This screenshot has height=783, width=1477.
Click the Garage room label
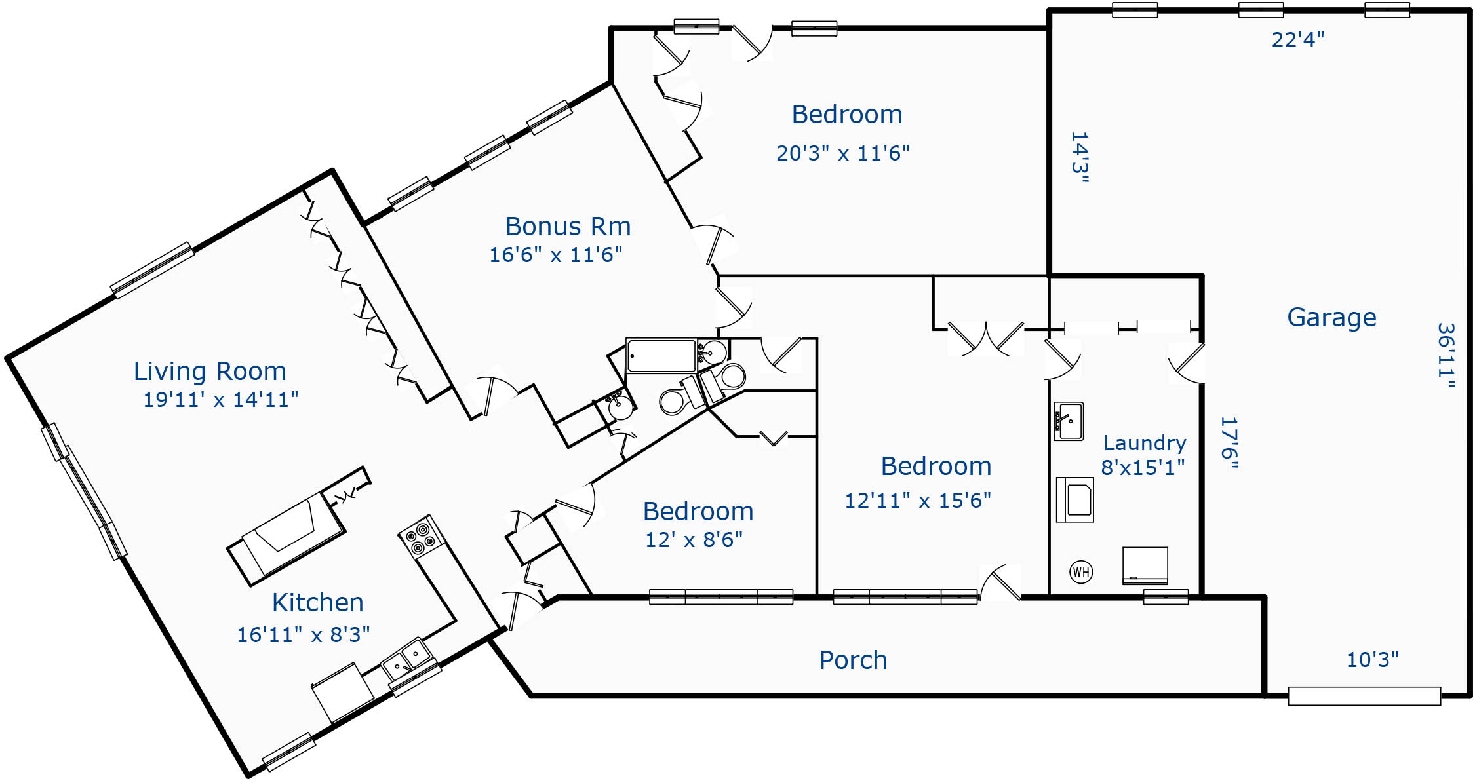1331,318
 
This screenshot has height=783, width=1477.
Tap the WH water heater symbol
1081,572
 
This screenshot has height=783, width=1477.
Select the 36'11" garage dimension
1446,355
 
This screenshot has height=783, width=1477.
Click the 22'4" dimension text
1297,40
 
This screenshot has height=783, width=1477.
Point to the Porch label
853,660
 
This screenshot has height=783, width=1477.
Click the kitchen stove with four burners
421,537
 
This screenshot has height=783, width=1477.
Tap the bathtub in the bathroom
661,356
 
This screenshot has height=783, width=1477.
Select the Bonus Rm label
568,227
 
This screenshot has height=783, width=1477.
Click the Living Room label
210,372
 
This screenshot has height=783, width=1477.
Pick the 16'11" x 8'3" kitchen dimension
303,635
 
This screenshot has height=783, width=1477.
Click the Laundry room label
1145,444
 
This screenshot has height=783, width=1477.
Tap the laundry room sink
1069,421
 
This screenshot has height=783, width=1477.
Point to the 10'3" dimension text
1372,660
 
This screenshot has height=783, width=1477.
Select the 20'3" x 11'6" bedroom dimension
843,153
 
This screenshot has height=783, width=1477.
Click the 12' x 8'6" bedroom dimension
694,540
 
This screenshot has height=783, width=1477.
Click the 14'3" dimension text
1079,158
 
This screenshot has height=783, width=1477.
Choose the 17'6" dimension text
1229,443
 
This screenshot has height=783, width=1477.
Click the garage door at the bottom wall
1364,696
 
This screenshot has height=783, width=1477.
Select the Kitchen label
317,603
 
